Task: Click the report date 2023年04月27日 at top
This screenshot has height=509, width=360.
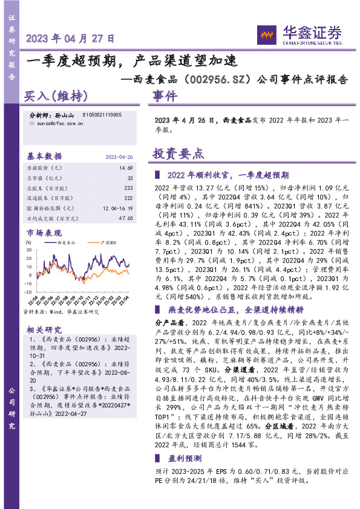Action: [x=71, y=38]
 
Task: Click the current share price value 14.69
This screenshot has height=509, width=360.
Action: [x=126, y=167]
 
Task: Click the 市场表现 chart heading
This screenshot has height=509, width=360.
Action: [x=44, y=233]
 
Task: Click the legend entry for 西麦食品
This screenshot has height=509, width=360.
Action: [x=67, y=242]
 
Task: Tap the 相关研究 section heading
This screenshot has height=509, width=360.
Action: [x=44, y=329]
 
